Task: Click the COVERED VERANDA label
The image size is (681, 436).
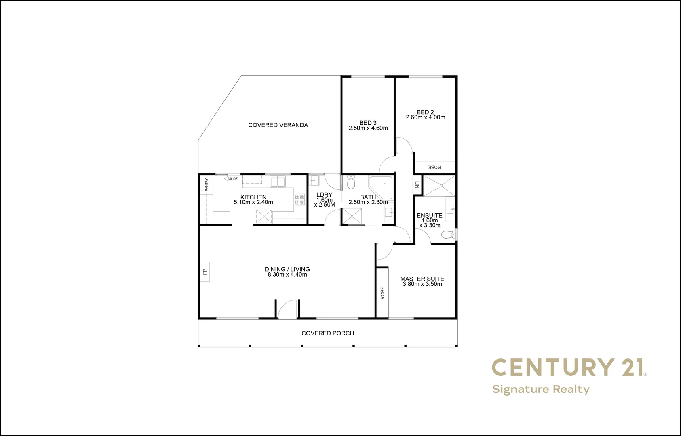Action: pos(278,125)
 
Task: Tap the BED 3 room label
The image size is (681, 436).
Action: pos(368,123)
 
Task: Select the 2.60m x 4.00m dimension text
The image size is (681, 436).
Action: pos(426,117)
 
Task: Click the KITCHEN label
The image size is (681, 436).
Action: pos(253,197)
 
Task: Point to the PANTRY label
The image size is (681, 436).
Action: pos(207,184)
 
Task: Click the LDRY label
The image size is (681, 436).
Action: pos(324,195)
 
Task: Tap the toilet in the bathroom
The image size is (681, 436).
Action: pos(351,183)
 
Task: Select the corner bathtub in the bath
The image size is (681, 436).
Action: pos(381,187)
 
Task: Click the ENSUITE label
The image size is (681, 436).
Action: pos(430,215)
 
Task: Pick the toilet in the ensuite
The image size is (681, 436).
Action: pos(447,235)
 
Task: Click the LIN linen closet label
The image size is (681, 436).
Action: pos(417,185)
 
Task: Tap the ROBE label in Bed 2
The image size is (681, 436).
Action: pos(434,167)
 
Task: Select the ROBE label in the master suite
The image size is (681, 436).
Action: pos(382,293)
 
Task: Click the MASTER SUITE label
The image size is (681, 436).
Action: pos(422,279)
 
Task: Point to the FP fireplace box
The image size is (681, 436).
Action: pos(205,272)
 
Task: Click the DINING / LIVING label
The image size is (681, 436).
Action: pos(287,269)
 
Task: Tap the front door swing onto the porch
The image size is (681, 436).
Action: pos(287,310)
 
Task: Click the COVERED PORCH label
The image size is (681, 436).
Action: pos(328,333)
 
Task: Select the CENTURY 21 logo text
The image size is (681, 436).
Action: pos(568,367)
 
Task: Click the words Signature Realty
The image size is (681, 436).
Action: pos(541,389)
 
